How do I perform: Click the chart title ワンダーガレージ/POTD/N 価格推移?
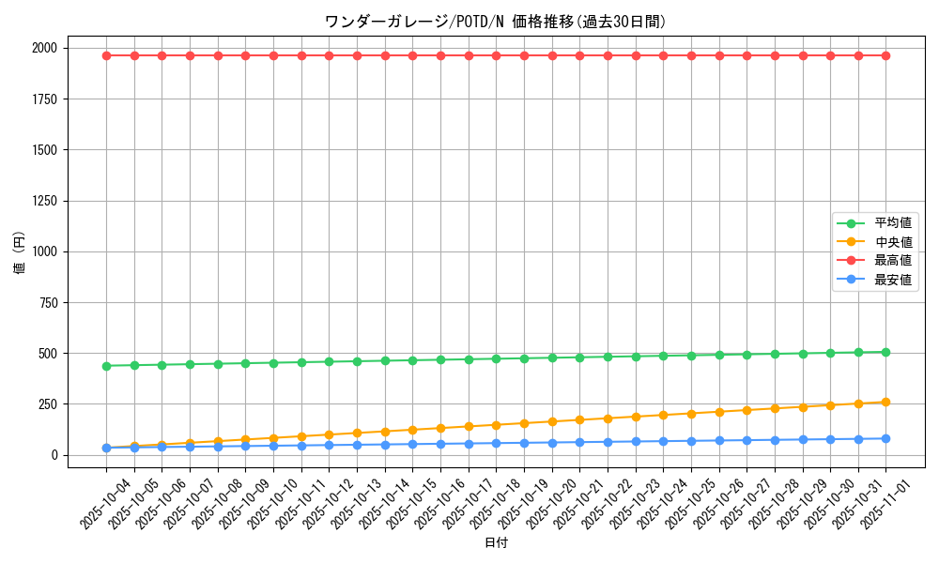(x=495, y=22)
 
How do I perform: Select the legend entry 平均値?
(x=892, y=223)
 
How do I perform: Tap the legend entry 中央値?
(x=892, y=242)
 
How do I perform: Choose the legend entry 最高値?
(x=892, y=261)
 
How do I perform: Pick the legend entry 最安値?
(x=892, y=280)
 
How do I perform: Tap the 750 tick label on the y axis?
(x=47, y=302)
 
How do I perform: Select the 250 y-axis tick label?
(x=47, y=404)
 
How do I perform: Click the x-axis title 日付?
(x=496, y=543)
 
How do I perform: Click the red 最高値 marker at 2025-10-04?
(x=106, y=55)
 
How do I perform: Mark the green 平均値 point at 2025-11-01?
(x=885, y=352)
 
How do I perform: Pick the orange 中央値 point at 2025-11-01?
(x=885, y=403)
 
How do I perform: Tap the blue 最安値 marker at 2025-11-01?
(x=885, y=438)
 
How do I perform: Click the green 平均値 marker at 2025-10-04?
(x=106, y=366)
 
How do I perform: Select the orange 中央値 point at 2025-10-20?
(x=552, y=421)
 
